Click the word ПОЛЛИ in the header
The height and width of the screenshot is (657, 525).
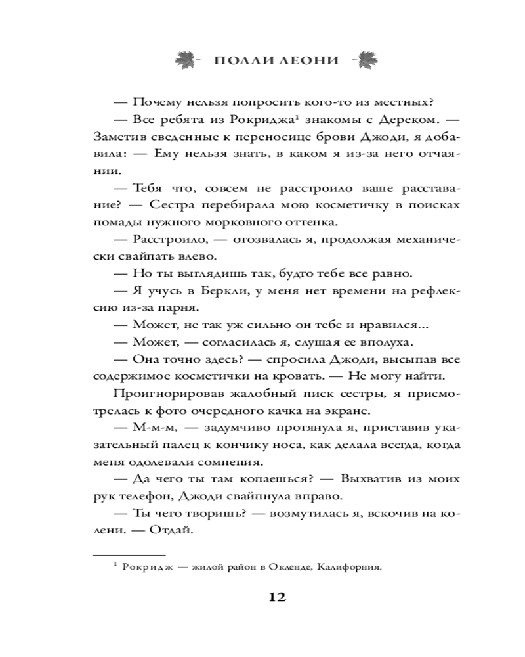(x=243, y=60)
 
